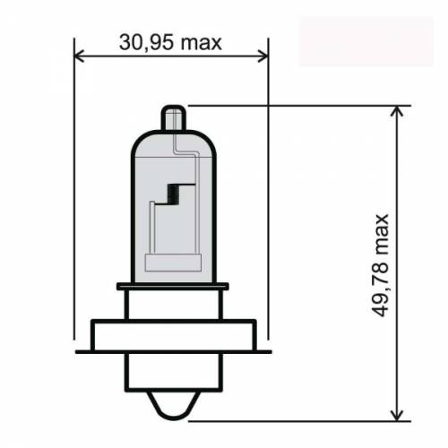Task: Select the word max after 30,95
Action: click(202, 41)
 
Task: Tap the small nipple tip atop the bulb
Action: click(173, 116)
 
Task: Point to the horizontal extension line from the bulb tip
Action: click(296, 105)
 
